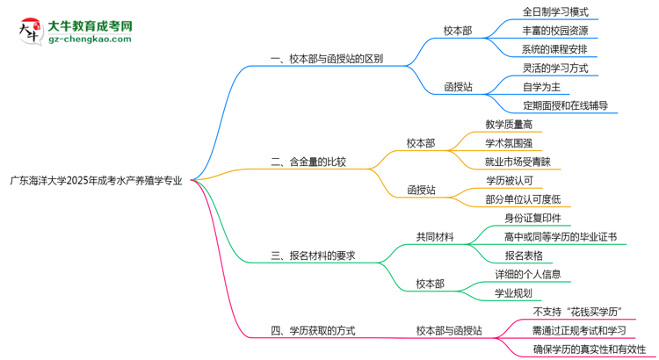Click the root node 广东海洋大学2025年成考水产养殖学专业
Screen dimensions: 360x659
click(96, 180)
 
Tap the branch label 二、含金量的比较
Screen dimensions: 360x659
click(308, 162)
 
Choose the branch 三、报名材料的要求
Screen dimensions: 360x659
click(314, 256)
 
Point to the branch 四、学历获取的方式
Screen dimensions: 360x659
click(314, 331)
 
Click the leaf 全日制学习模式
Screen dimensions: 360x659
click(555, 12)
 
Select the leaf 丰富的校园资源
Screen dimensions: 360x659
click(555, 31)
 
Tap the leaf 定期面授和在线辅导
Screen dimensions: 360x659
click(564, 105)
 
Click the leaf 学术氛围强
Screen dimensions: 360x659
click(508, 143)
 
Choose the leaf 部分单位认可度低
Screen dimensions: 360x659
click(523, 199)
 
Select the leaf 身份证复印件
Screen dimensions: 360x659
click(532, 218)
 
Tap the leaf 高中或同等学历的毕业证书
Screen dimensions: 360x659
click(561, 237)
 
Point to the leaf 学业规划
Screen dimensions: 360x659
click(513, 293)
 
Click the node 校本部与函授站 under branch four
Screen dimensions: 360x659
click(448, 331)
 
